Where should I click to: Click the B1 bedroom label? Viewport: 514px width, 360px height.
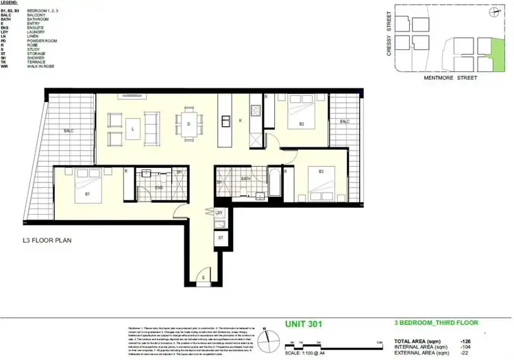point(88,195)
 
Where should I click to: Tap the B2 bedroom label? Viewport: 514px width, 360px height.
point(302,124)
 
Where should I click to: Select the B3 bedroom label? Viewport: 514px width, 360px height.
point(310,170)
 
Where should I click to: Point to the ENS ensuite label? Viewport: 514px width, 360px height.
point(158,187)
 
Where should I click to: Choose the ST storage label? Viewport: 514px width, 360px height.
point(221,237)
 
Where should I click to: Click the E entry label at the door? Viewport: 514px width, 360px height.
point(204,278)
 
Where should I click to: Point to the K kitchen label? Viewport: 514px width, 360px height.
point(240,121)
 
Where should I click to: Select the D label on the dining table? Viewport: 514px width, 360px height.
point(188,124)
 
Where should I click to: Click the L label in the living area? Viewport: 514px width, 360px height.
point(132,128)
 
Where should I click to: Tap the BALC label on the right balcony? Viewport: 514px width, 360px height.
point(345,121)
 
